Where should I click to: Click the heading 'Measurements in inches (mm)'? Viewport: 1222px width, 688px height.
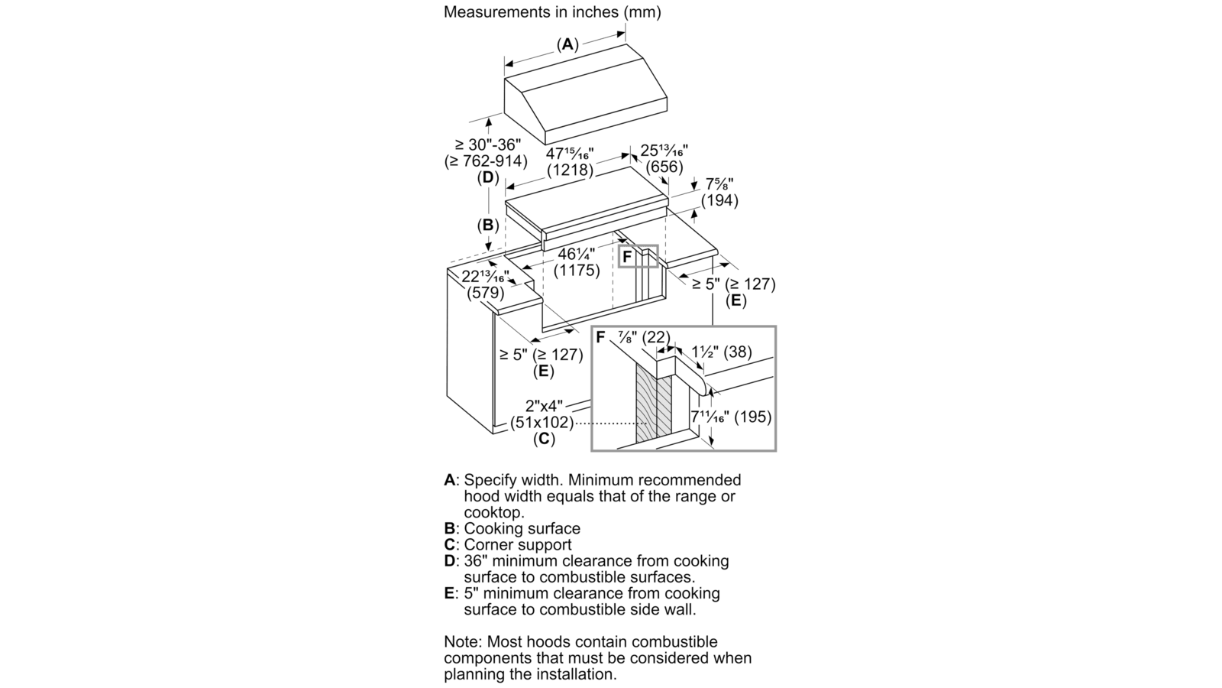coord(551,12)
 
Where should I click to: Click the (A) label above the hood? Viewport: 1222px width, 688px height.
coord(567,44)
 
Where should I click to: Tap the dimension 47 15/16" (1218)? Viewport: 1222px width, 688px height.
coord(570,161)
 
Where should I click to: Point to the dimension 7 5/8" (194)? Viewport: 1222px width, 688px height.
coord(719,193)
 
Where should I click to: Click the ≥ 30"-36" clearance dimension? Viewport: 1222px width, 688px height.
coord(486,153)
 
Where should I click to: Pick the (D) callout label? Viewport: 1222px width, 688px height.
coord(487,178)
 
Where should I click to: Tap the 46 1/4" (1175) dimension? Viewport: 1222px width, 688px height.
coord(577,263)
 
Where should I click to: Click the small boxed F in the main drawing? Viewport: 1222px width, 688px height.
coord(627,258)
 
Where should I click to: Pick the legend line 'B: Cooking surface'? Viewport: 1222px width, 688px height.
coord(512,528)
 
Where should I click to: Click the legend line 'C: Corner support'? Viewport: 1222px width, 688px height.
coord(507,544)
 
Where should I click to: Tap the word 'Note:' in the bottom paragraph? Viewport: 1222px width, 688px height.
coord(461,641)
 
